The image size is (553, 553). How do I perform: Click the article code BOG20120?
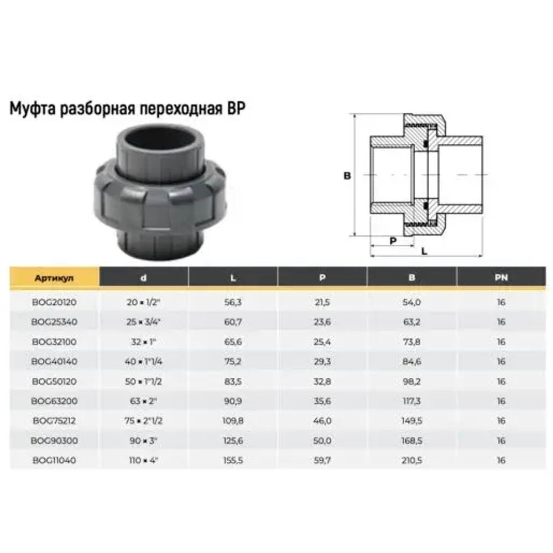click(x=54, y=303)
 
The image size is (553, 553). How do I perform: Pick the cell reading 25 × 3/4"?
click(x=143, y=322)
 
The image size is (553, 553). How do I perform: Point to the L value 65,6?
click(x=233, y=342)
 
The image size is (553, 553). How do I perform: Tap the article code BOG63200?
click(x=54, y=401)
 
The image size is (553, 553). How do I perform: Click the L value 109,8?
click(x=233, y=420)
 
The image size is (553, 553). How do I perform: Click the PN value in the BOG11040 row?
click(x=501, y=460)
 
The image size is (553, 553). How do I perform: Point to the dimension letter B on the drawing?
click(x=347, y=176)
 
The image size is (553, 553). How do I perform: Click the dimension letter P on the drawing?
click(x=393, y=241)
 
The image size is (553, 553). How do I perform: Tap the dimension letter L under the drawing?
click(x=424, y=251)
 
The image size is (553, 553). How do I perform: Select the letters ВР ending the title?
click(x=236, y=107)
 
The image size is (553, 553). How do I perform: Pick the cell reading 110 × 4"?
click(x=143, y=460)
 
